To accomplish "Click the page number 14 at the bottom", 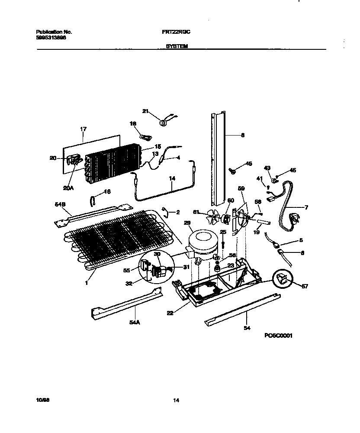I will click(176, 400).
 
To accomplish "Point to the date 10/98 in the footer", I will click(42, 400).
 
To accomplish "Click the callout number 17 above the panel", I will click(84, 129).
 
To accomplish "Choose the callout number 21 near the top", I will click(145, 111).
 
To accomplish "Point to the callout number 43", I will click(267, 168).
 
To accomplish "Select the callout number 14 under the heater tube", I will click(172, 178).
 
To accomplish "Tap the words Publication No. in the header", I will click(54, 32).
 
